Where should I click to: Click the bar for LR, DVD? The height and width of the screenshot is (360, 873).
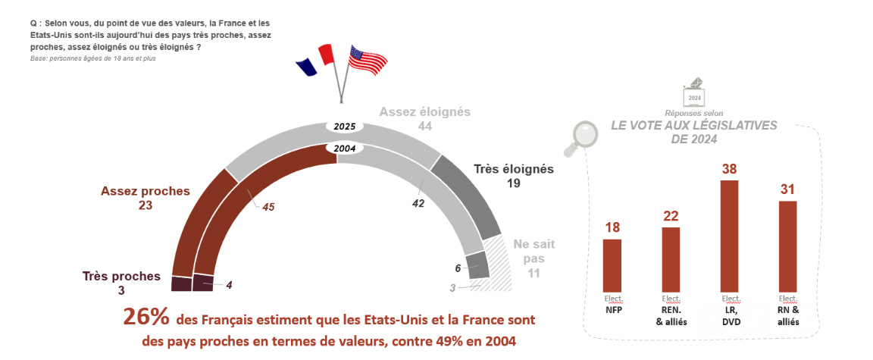click(729, 236)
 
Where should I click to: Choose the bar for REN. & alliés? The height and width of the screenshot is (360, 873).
click(671, 259)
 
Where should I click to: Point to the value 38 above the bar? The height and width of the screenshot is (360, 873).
click(729, 169)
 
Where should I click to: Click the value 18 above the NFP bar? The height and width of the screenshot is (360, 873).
click(612, 227)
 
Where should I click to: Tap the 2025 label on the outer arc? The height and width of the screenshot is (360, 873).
click(346, 126)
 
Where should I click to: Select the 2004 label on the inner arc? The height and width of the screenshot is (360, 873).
click(346, 149)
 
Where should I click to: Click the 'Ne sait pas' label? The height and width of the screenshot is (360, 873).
click(533, 258)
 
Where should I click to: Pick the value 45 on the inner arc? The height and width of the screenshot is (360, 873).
click(268, 206)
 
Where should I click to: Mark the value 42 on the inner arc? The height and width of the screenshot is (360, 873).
click(418, 203)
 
